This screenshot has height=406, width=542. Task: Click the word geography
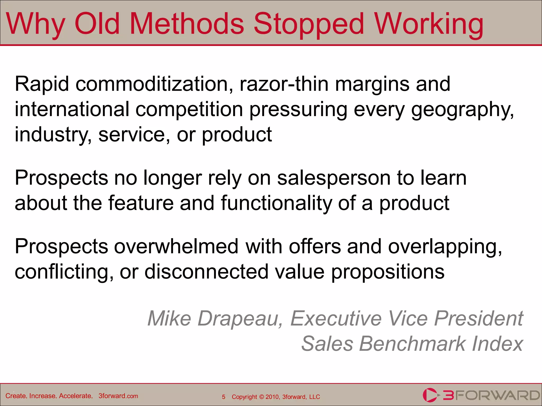pos(462,110)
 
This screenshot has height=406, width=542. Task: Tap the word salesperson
pos(334,178)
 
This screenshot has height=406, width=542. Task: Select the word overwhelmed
pos(176,246)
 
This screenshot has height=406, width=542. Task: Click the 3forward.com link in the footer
pos(118,396)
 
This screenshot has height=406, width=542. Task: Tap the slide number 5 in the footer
pos(224,397)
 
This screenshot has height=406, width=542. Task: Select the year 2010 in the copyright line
pos(272,397)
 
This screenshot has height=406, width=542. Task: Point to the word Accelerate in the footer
pos(75,396)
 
